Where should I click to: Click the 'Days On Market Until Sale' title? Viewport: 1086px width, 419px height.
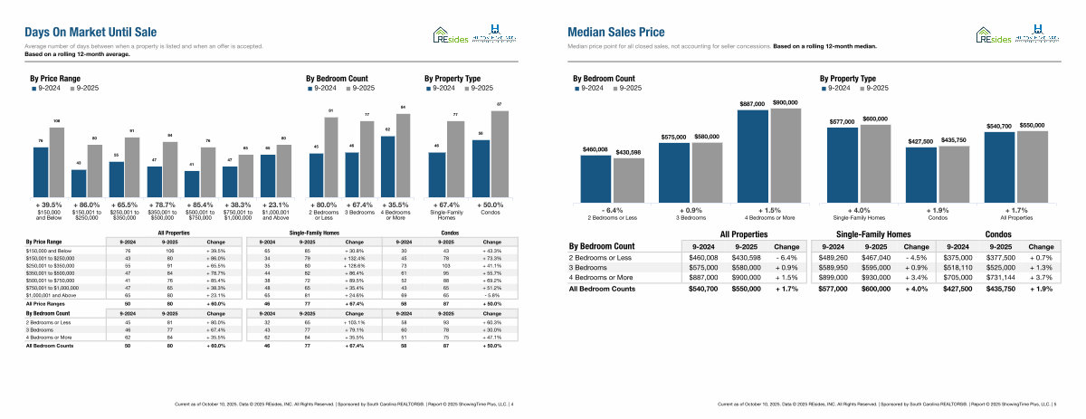coord(91,31)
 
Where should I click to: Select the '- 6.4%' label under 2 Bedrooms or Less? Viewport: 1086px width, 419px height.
coord(613,210)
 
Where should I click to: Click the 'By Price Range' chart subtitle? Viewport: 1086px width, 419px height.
coord(53,79)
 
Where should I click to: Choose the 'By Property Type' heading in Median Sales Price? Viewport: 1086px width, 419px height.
coord(847,79)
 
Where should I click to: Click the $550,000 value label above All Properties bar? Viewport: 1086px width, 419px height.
coord(1032,125)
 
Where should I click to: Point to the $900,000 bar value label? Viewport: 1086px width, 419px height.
coord(785,102)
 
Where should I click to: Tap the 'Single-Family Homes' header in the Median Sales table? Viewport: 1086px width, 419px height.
coord(873,234)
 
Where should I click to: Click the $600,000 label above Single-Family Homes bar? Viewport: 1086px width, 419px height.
coord(874,119)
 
